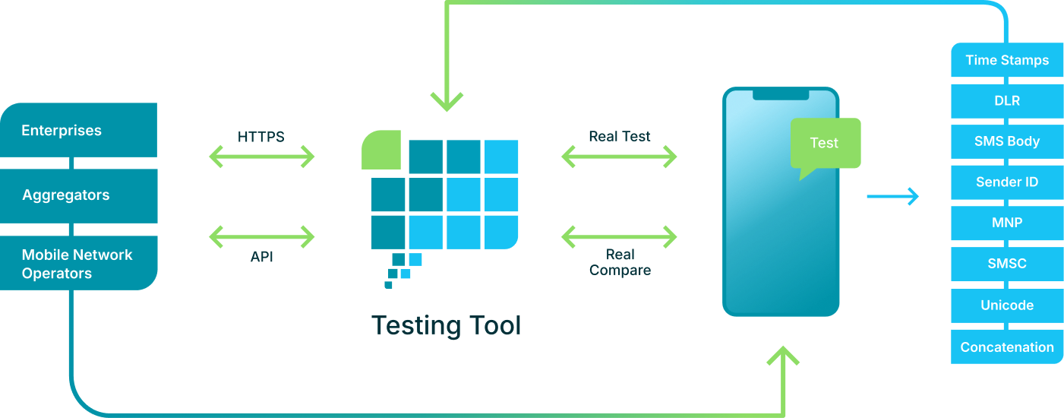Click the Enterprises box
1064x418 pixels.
78,130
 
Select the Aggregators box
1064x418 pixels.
78,195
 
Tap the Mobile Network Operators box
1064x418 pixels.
78,264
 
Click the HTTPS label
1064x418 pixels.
260,138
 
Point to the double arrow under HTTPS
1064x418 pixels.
261,157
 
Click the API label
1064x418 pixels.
261,257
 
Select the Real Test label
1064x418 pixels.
619,137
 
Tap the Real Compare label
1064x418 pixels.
620,262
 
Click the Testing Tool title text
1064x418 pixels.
447,326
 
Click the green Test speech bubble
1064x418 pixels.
825,144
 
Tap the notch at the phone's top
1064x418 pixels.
781,94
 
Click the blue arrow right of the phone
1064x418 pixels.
892,197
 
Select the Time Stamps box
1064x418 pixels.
1007,60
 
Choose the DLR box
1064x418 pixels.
1007,100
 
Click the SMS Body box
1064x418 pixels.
1007,141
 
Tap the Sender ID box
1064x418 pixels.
1007,182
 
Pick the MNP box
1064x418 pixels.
1007,223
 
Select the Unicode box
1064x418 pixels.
1007,305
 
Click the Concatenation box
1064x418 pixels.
1007,347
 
